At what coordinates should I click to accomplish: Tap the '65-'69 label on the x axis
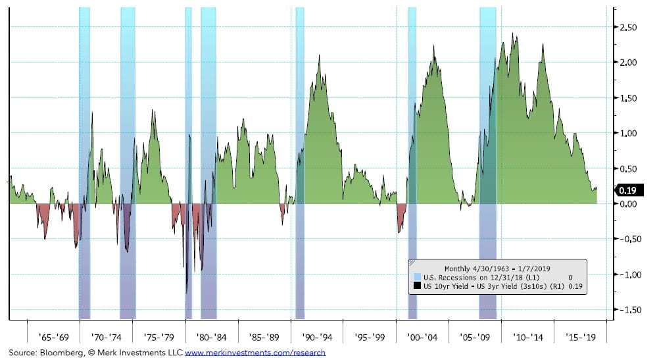(x=53, y=337)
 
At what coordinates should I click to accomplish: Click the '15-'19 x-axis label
(x=580, y=337)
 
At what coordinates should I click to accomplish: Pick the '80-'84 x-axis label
(x=211, y=337)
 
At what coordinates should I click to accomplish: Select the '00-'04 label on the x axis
(x=422, y=337)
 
